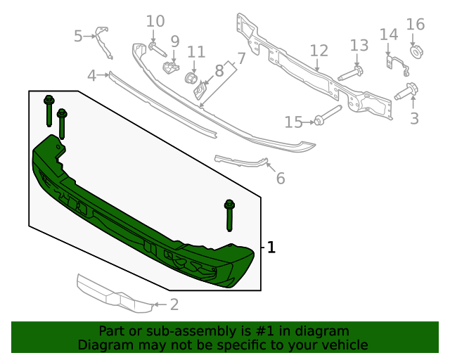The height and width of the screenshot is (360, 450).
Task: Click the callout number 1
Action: [271, 247]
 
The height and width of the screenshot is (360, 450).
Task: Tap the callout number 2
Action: [174, 304]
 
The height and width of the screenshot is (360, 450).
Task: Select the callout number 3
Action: [414, 118]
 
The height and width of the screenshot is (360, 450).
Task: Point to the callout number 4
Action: [92, 75]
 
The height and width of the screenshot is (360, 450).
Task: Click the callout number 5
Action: [79, 35]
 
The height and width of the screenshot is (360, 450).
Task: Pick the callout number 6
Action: [281, 179]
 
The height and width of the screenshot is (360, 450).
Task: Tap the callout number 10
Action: [155, 21]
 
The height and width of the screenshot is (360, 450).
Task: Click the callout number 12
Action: [319, 50]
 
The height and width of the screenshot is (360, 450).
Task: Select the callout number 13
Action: [359, 45]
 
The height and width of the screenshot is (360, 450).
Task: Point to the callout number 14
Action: [389, 34]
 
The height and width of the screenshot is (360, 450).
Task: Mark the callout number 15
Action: [294, 123]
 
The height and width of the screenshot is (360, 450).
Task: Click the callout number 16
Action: [416, 25]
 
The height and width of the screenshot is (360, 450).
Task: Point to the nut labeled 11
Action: [190, 77]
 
